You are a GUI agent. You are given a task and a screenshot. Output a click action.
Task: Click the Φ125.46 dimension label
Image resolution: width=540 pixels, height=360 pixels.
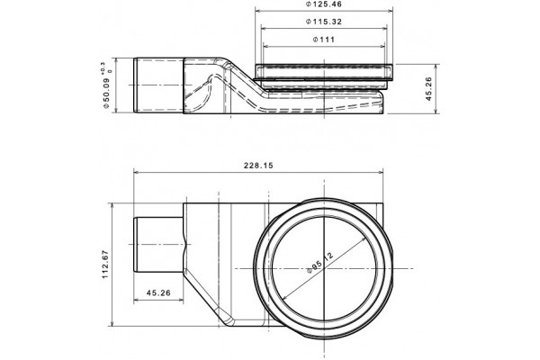[324, 4]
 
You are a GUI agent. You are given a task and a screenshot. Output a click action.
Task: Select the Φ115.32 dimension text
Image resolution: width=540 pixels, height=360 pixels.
[324, 22]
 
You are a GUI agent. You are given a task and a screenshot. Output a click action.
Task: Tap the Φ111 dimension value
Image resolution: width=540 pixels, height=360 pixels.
[324, 40]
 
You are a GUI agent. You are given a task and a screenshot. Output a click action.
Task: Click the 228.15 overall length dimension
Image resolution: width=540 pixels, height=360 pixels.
[258, 166]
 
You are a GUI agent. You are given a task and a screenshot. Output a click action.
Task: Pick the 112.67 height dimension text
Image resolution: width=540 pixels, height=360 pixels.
[105, 265]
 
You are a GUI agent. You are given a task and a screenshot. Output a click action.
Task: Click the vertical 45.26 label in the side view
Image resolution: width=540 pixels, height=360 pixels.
[428, 88]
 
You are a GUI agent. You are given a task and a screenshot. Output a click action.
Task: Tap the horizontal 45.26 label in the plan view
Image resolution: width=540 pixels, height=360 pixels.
[158, 292]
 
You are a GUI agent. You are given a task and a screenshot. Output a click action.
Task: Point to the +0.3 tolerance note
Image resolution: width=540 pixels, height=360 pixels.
[103, 67]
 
